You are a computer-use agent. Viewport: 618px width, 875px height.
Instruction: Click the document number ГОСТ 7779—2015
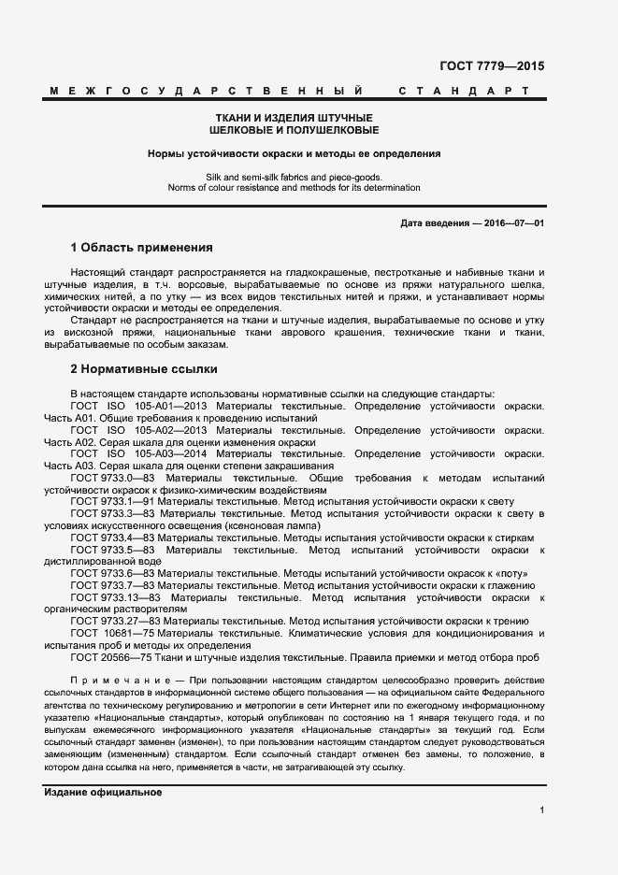[x=491, y=66]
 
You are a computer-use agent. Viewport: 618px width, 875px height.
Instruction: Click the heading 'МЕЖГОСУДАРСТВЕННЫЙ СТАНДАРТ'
[x=289, y=92]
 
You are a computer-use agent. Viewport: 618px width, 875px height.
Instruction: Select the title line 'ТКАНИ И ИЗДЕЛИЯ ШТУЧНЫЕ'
[x=295, y=118]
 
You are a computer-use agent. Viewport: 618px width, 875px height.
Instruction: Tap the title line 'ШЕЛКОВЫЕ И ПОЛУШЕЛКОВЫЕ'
[x=295, y=130]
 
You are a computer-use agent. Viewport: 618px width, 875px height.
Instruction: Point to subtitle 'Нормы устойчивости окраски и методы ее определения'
[x=295, y=153]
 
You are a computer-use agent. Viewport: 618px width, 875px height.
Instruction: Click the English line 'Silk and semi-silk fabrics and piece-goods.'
[x=295, y=177]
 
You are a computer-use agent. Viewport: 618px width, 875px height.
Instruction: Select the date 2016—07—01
[x=511, y=222]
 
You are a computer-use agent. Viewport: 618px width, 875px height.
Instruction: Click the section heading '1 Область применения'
[x=141, y=249]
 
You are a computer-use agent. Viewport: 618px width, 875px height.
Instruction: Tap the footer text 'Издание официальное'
[x=103, y=792]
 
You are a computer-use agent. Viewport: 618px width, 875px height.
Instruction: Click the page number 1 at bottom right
[x=541, y=810]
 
